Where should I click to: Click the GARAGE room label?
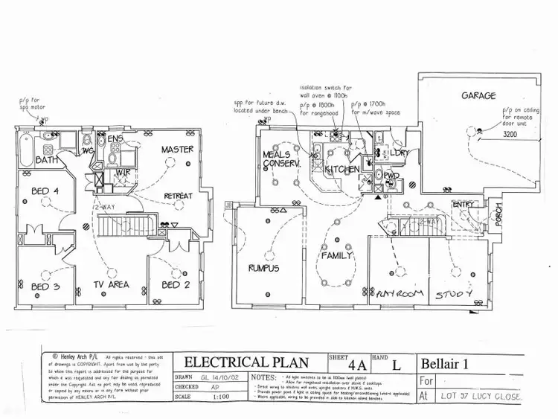(478, 96)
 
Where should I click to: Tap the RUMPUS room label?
(263, 268)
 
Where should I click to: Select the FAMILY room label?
(336, 255)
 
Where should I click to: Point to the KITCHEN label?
(341, 170)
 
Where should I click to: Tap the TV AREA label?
(111, 284)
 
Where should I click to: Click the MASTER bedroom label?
(178, 150)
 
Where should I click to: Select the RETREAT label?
(179, 196)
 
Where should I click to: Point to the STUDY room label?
(454, 295)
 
